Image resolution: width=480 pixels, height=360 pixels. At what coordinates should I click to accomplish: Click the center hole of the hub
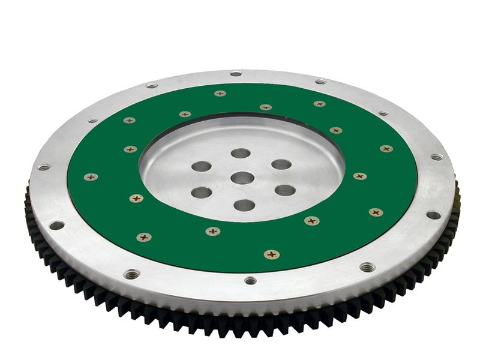click(242, 178)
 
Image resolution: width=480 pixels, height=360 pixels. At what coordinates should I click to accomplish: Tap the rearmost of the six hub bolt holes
click(241, 154)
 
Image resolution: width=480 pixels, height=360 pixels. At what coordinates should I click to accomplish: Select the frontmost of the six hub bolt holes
click(244, 205)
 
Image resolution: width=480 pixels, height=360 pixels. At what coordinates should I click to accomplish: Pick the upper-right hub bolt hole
click(281, 164)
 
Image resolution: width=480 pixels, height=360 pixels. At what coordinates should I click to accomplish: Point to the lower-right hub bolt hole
click(285, 190)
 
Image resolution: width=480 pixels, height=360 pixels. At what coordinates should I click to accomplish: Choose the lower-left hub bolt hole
click(202, 193)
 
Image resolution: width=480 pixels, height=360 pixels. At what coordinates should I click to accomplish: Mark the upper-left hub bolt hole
click(202, 166)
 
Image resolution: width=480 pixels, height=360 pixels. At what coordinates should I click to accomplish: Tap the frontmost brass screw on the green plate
click(272, 254)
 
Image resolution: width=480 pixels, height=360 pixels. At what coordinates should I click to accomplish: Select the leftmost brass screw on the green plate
click(91, 177)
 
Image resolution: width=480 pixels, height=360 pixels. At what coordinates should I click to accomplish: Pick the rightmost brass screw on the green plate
click(386, 148)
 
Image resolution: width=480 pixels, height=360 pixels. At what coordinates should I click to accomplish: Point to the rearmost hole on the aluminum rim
click(236, 74)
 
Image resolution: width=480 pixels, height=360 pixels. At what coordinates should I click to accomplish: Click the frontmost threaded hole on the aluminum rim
click(250, 280)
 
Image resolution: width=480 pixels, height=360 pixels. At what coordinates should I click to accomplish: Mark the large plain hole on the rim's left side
click(56, 225)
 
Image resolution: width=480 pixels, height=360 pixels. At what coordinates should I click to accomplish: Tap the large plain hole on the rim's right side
click(433, 215)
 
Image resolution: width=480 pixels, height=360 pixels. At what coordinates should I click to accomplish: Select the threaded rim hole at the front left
click(132, 274)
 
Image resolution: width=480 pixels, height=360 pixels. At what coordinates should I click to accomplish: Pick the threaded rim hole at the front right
click(367, 267)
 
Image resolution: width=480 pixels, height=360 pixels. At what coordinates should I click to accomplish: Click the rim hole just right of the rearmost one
click(320, 81)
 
